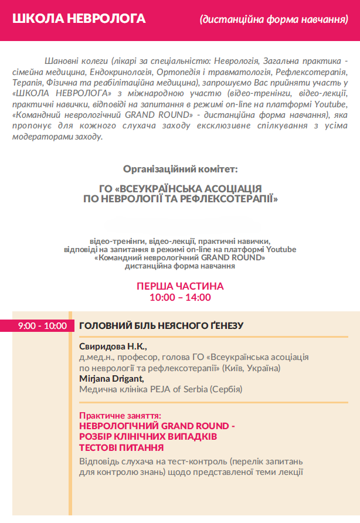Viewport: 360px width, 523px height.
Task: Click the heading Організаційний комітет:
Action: (180, 169)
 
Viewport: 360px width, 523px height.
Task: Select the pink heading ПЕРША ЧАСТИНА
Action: (180, 287)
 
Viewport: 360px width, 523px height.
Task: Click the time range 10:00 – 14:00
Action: (180, 297)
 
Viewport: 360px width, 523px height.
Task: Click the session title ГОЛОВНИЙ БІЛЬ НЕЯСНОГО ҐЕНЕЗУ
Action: (161, 325)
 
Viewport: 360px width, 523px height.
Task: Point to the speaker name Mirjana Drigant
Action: (111, 378)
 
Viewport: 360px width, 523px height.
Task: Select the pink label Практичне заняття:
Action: (120, 415)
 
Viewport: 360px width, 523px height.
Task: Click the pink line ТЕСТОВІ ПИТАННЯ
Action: (121, 447)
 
